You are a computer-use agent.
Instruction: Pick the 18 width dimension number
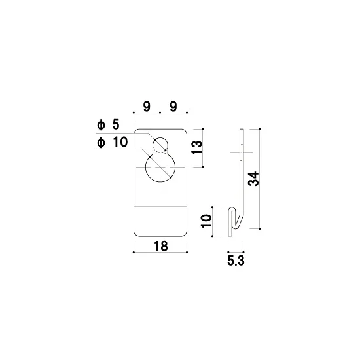pyautogui.click(x=160, y=246)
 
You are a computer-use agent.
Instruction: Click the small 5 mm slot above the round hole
pyautogui.click(x=160, y=144)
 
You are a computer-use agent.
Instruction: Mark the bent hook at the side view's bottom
pyautogui.click(x=234, y=219)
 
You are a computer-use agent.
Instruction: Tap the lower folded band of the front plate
pyautogui.click(x=160, y=221)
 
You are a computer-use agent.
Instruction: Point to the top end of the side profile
pyautogui.click(x=240, y=130)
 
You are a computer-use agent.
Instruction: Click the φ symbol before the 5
pyautogui.click(x=99, y=124)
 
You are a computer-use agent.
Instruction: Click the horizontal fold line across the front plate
pyautogui.click(x=160, y=205)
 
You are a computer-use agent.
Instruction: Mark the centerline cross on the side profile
pyautogui.click(x=241, y=153)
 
